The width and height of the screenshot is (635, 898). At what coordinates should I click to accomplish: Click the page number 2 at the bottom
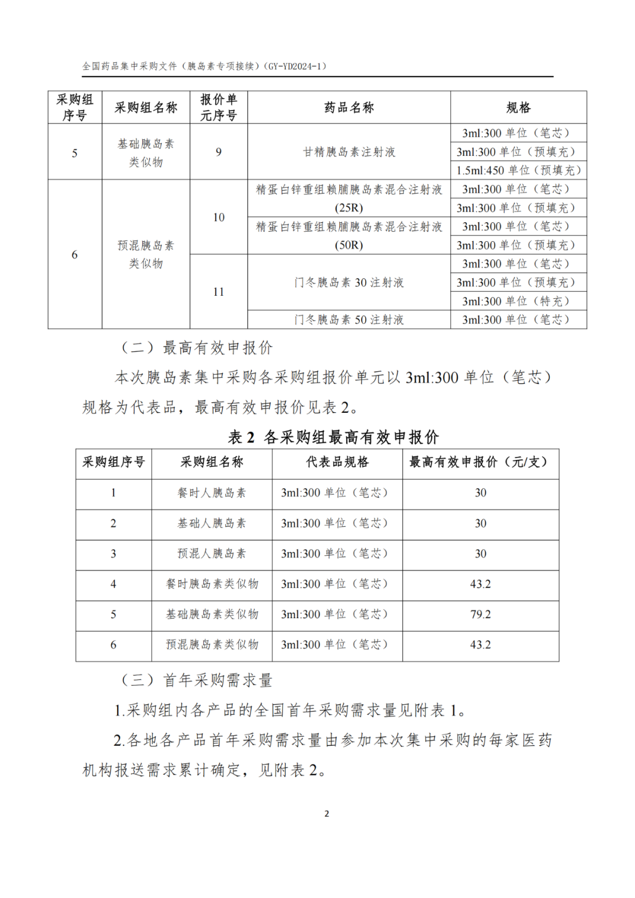click(x=326, y=814)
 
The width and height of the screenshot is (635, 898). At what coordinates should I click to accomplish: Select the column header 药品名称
click(x=349, y=108)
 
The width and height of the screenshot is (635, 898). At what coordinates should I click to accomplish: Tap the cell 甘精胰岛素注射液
click(x=349, y=152)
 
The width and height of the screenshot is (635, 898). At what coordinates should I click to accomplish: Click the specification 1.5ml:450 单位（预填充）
click(x=518, y=171)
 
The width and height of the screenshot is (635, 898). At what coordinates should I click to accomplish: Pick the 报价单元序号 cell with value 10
click(x=219, y=218)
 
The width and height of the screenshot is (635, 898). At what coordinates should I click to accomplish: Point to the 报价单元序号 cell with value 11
click(x=219, y=292)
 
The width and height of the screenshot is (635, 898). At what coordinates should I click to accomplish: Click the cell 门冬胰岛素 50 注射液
click(x=349, y=320)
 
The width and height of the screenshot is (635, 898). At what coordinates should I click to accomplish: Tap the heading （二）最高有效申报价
click(x=197, y=348)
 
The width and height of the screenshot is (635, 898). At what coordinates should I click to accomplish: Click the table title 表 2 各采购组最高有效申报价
click(x=333, y=437)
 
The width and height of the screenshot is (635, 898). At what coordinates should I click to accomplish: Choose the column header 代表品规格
click(x=337, y=462)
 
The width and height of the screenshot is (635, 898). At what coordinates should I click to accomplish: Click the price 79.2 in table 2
click(x=480, y=615)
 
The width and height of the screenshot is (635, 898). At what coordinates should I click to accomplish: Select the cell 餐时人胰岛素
click(x=212, y=493)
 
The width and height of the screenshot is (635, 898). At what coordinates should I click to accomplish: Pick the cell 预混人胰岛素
click(x=212, y=553)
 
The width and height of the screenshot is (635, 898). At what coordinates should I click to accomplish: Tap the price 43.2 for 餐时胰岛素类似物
click(x=480, y=584)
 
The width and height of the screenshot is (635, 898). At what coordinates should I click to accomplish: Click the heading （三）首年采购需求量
click(x=197, y=680)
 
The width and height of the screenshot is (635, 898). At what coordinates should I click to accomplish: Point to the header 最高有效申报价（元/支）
click(x=480, y=462)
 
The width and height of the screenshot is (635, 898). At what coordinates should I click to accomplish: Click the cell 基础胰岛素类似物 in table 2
click(x=212, y=615)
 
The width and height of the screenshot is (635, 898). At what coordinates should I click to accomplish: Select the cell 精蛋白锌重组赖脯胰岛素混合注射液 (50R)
click(x=349, y=236)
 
